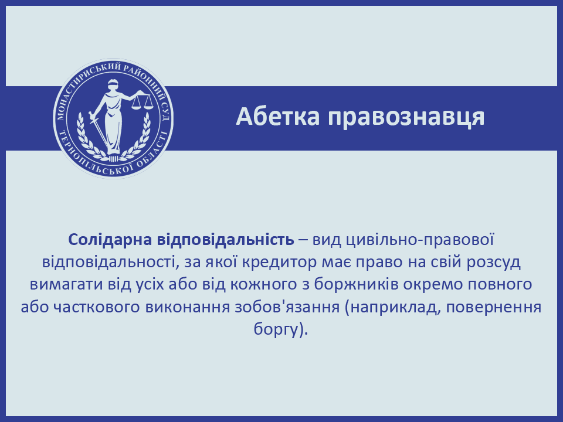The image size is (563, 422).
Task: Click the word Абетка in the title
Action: point(277,117)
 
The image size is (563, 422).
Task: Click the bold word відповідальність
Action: point(225,240)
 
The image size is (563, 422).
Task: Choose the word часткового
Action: point(96,307)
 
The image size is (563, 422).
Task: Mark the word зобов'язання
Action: point(287,307)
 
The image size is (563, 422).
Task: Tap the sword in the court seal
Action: point(98,129)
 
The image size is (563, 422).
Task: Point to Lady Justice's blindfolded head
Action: point(113,85)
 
